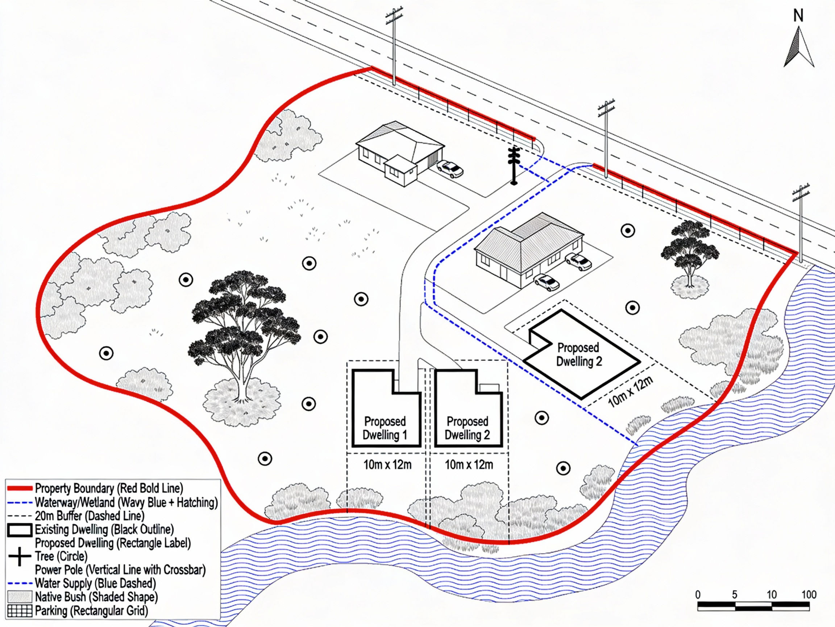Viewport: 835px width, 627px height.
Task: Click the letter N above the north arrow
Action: [x=798, y=16]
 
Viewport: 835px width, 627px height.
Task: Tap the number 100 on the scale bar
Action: [x=809, y=594]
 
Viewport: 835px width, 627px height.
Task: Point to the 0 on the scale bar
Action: [x=698, y=594]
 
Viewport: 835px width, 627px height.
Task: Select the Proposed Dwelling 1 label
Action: [x=385, y=428]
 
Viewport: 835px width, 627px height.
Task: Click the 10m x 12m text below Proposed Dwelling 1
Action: [x=387, y=464]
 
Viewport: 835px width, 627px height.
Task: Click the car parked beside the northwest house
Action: [x=450, y=169]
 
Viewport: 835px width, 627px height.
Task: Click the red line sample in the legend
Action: [x=20, y=488]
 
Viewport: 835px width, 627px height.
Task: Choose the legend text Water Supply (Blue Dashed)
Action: [x=95, y=583]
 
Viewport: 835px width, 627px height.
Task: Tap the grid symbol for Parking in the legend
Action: [x=20, y=611]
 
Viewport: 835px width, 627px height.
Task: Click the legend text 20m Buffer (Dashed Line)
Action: [x=90, y=516]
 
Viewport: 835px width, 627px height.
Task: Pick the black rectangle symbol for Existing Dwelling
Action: [x=20, y=530]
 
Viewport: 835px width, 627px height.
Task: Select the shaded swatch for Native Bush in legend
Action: [x=20, y=597]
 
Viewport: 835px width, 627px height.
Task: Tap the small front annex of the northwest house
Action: [x=401, y=171]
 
